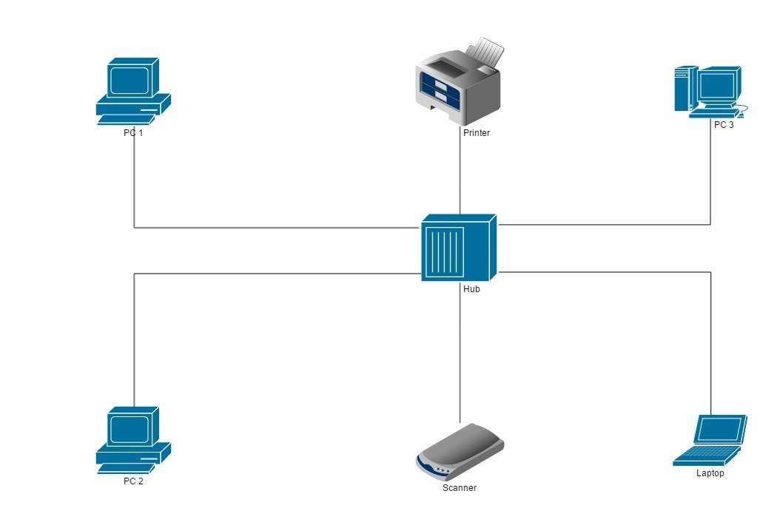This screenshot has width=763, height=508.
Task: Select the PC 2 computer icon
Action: click(133, 439)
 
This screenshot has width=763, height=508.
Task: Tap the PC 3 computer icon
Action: click(709, 92)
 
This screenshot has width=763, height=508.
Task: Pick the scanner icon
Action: click(460, 452)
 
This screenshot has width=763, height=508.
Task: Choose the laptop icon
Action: click(710, 441)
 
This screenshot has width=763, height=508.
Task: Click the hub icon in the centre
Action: click(458, 248)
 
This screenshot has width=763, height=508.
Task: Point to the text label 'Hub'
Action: click(471, 289)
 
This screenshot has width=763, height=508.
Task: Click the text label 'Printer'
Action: click(477, 133)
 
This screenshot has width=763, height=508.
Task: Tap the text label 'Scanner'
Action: click(460, 488)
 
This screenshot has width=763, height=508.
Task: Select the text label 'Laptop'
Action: click(710, 473)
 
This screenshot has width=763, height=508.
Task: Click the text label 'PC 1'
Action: click(133, 133)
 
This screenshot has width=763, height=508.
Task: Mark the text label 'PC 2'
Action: click(133, 481)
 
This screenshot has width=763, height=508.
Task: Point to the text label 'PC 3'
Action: click(724, 125)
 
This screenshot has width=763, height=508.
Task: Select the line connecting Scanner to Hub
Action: click(460, 355)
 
